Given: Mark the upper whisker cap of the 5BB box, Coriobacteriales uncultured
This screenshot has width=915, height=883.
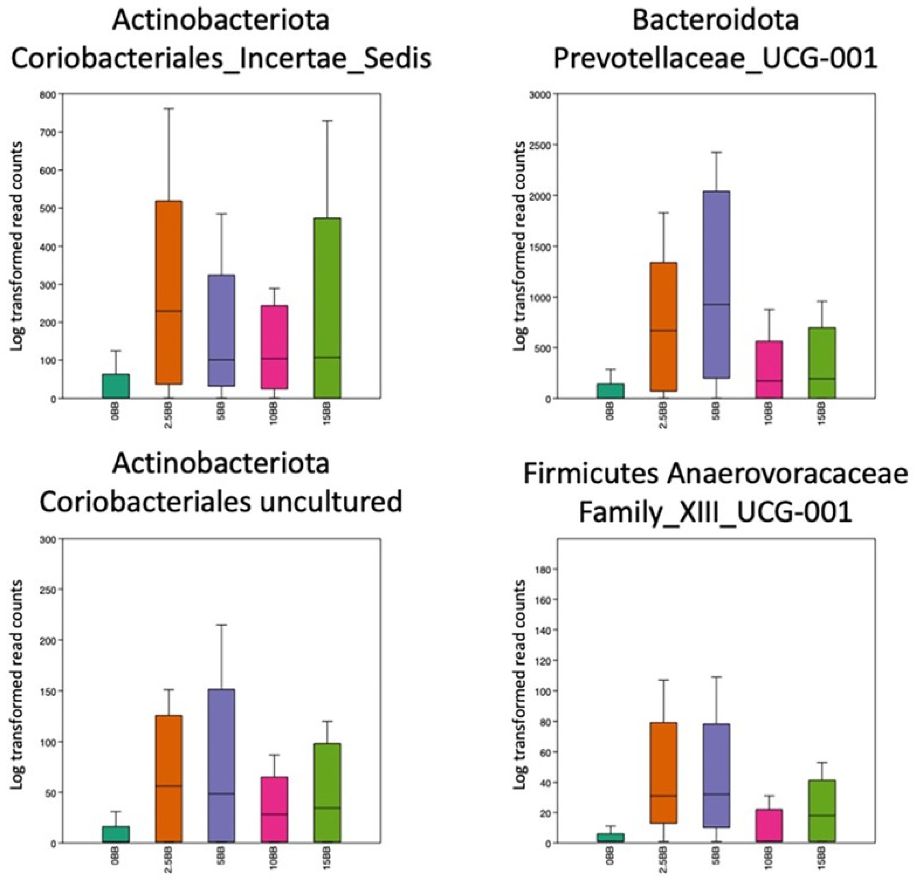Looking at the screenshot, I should [x=221, y=625].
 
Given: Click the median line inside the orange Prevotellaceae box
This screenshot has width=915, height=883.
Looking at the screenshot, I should [x=663, y=330].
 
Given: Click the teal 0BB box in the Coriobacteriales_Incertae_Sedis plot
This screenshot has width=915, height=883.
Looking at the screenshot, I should [x=116, y=386].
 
